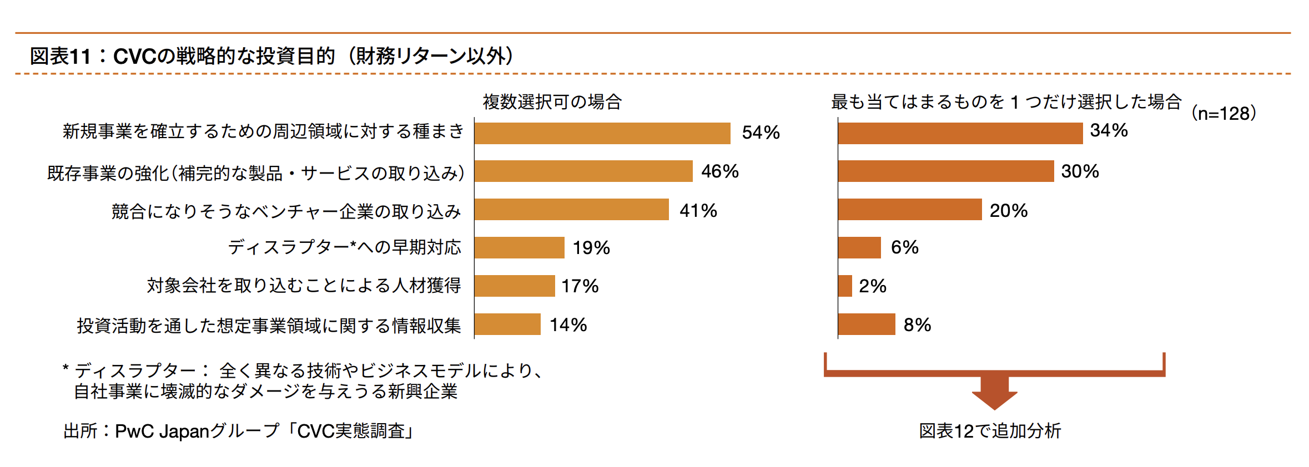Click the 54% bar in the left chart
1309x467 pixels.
(x=602, y=133)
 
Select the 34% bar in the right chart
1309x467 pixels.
(x=960, y=133)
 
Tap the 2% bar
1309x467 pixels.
(x=845, y=286)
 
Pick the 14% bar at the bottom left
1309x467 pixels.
(x=507, y=324)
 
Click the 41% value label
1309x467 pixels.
(x=698, y=211)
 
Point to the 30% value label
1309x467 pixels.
(x=1080, y=171)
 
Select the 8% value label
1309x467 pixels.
(x=917, y=325)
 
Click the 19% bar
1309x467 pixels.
(x=520, y=247)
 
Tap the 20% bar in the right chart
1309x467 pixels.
(x=910, y=210)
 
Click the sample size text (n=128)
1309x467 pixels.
(x=1224, y=114)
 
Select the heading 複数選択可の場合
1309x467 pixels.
(x=552, y=102)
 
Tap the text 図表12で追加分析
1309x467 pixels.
(x=990, y=431)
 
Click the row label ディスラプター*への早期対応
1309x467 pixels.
(x=344, y=247)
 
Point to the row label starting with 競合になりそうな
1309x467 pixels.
(x=286, y=211)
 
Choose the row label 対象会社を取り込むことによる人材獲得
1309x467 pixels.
(x=304, y=286)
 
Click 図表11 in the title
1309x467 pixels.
(x=60, y=56)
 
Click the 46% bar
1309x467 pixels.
(x=583, y=171)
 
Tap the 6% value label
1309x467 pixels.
(x=904, y=247)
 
